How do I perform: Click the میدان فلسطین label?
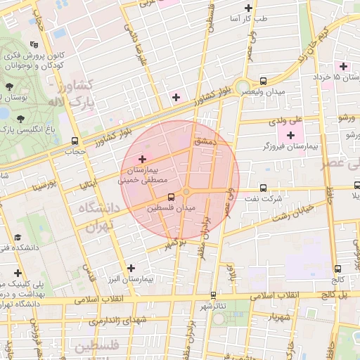[x=172, y=208]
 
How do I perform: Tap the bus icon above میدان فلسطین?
[x=171, y=198]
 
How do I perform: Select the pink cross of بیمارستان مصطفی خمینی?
[x=144, y=160]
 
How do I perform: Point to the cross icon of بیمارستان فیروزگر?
[x=290, y=134]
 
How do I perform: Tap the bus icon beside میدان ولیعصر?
[x=263, y=82]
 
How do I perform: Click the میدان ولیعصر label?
[x=270, y=92]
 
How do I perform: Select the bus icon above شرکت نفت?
[x=263, y=188]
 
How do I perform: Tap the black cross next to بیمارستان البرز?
[x=131, y=268]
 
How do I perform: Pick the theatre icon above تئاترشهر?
[x=213, y=295]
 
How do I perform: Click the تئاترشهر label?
[x=211, y=306]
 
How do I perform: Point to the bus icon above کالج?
[x=338, y=269]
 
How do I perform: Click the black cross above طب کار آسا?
[x=247, y=8]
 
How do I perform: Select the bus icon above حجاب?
[x=75, y=141]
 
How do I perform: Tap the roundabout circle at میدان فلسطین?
[x=186, y=192]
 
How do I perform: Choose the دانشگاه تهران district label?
[x=91, y=217]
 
